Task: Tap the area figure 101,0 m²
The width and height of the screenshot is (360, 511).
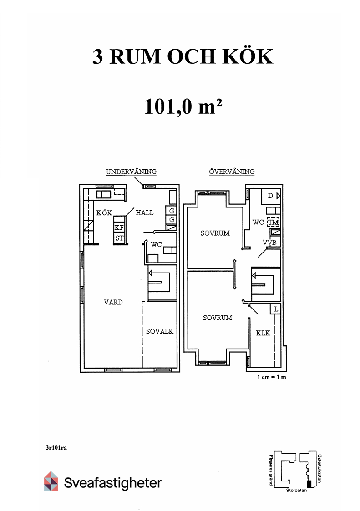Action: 183,106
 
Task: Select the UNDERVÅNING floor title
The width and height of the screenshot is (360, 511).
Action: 131,172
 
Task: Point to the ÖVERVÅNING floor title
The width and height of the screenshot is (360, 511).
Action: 232,172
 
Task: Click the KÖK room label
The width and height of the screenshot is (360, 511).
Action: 104,213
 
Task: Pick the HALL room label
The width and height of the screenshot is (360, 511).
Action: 144,213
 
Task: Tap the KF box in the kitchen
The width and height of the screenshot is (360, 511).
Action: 119,228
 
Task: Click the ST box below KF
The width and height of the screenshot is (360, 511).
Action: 119,238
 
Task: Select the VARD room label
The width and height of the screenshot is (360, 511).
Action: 113,302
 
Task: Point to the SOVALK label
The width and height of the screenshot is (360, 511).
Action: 159,331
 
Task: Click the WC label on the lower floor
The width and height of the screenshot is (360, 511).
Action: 156,244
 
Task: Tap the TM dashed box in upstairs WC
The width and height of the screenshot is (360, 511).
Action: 274,223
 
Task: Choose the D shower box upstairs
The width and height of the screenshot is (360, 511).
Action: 271,196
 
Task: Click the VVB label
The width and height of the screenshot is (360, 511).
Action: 269,243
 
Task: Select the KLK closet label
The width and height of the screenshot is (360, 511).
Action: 263,333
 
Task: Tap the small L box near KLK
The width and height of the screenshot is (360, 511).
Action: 275,309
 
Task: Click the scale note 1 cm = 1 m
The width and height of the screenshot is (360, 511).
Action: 272,377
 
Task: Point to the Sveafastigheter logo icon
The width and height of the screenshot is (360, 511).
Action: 51,481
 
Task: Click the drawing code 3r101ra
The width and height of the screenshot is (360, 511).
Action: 56,448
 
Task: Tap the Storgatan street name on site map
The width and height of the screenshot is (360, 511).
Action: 296,491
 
